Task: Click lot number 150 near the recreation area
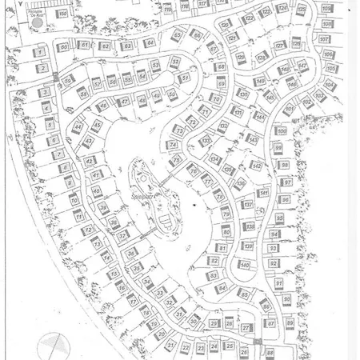coord(62,14)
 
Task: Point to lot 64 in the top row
coord(149,42)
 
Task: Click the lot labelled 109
coord(326,8)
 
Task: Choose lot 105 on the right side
coord(330,69)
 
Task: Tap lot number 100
coord(281,130)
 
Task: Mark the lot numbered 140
coord(245,265)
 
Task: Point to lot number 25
coord(230,346)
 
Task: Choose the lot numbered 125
coord(298,46)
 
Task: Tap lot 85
coord(244,294)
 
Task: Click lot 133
coord(207,141)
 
